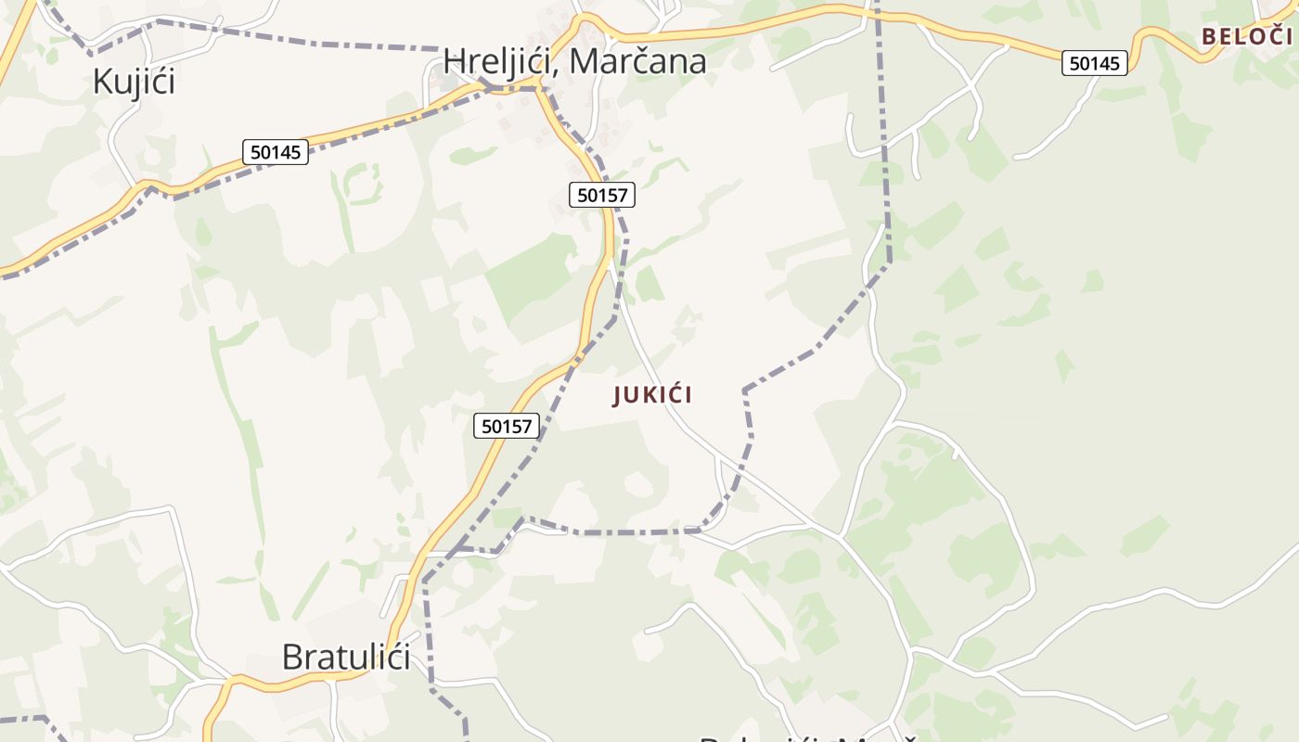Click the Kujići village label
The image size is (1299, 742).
coord(134,82)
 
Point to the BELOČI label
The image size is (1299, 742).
coord(1246,36)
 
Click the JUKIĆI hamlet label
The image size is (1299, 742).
coord(652,395)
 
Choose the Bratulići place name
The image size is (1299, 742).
coord(346,657)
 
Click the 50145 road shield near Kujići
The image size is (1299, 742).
coord(276,152)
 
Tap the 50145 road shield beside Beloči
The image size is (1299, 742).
coord(1095,63)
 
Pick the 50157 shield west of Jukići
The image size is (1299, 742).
coord(507,426)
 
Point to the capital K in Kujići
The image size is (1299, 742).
coord(102,82)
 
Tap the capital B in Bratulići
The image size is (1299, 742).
coord(292,657)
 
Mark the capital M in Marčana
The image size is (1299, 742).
coord(584,61)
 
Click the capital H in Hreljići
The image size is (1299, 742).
coord(454,61)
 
